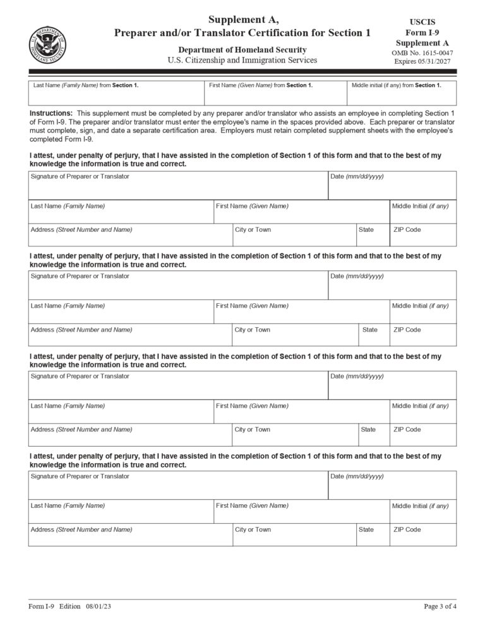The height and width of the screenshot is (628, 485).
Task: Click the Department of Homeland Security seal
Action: [x=47, y=45]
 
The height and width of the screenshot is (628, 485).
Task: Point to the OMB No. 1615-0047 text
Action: [x=422, y=52]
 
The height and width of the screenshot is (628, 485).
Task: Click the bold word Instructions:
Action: [x=51, y=112]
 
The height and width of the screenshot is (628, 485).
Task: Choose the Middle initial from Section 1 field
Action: [x=401, y=94]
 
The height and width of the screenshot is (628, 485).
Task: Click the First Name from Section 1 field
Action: [x=275, y=94]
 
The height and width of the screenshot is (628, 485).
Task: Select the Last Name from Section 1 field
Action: [x=116, y=94]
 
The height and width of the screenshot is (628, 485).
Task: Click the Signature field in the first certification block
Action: [x=177, y=186]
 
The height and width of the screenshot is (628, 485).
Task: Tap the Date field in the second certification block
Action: [x=392, y=286]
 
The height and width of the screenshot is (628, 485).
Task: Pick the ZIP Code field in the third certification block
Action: [x=422, y=435]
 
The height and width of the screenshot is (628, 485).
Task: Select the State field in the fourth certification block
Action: [x=373, y=534]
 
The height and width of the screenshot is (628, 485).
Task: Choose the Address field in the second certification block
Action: [x=129, y=335]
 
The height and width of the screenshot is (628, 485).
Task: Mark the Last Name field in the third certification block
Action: [x=121, y=411]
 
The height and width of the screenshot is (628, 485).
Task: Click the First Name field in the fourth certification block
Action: [x=301, y=511]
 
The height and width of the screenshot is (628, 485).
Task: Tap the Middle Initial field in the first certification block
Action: [x=422, y=212]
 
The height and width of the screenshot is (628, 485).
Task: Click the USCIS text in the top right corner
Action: [x=422, y=22]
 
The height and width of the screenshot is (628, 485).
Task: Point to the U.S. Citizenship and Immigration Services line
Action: [x=242, y=61]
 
